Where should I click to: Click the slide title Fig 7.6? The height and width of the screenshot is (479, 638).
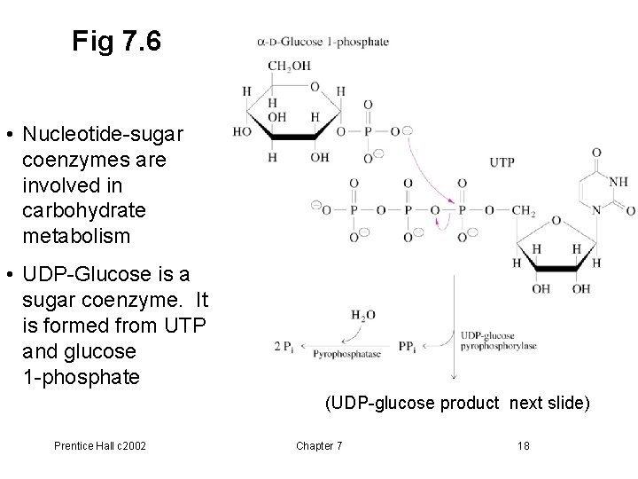[x=118, y=42]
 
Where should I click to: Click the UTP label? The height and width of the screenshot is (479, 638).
[x=502, y=162]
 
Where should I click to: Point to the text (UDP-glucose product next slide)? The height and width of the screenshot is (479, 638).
[x=457, y=404]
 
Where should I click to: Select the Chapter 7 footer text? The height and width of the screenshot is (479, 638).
[x=318, y=444]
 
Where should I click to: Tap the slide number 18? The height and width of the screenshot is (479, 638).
[x=523, y=444]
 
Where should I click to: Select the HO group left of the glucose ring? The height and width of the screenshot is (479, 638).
[x=242, y=131]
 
